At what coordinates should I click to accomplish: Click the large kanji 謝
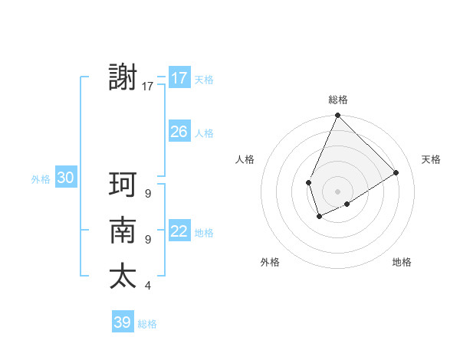click(x=123, y=78)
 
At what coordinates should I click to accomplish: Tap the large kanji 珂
click(x=123, y=185)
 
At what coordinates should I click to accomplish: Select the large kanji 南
click(x=123, y=231)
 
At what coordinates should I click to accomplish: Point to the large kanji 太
click(x=123, y=277)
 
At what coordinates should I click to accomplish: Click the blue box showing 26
click(x=179, y=132)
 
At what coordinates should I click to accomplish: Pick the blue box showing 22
click(x=179, y=231)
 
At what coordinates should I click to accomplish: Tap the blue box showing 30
click(x=65, y=178)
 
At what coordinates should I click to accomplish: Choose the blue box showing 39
click(x=122, y=322)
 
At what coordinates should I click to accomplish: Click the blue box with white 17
click(x=179, y=78)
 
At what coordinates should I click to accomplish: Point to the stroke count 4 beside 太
click(x=148, y=286)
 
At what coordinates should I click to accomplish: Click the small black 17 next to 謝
click(x=148, y=87)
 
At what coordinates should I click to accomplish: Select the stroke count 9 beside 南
click(x=148, y=240)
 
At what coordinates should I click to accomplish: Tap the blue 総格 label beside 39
click(x=147, y=324)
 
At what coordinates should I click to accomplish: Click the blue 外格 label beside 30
click(x=41, y=179)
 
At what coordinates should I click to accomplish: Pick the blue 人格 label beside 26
click(x=204, y=133)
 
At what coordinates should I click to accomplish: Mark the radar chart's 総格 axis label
click(x=337, y=100)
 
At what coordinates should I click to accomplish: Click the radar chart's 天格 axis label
click(x=431, y=159)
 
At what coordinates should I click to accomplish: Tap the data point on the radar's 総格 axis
click(x=337, y=116)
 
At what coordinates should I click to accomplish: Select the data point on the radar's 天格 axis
click(x=396, y=173)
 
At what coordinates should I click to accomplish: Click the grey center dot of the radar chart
click(x=337, y=191)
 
